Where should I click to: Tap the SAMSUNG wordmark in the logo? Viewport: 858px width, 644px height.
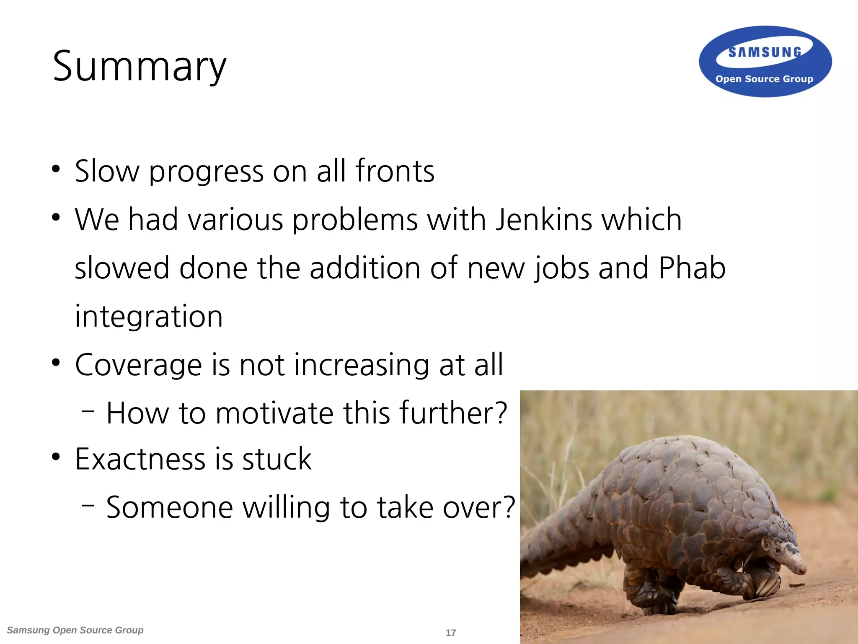[x=765, y=52]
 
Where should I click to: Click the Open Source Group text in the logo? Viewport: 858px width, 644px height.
[x=764, y=79]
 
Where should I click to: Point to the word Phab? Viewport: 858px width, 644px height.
[x=692, y=268]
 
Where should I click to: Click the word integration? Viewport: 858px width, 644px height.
[x=149, y=316]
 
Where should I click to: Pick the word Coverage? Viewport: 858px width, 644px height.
[x=139, y=365]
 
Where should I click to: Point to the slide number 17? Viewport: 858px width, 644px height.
[x=451, y=633]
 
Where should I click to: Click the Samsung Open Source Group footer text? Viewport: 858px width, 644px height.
[x=75, y=630]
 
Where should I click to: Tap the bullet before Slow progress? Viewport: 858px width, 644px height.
[x=56, y=170]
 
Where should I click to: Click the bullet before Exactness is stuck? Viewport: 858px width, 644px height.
[x=56, y=457]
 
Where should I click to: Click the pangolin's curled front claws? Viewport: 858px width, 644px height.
[x=765, y=583]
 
